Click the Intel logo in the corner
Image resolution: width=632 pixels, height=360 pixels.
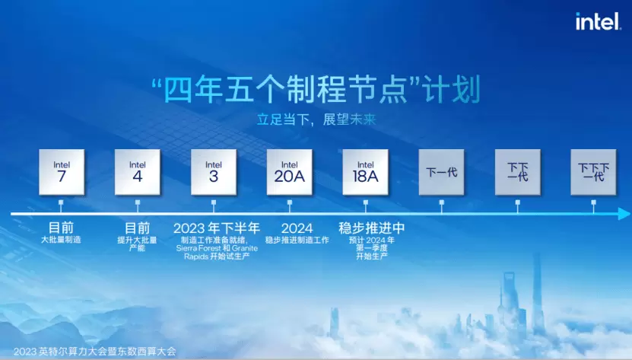coord(598,21)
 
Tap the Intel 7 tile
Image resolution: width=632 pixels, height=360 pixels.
coord(62,172)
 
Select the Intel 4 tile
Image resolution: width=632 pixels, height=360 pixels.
coord(138,172)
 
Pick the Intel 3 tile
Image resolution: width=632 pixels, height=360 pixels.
coord(214,172)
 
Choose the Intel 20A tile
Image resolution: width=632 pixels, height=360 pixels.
coord(290,172)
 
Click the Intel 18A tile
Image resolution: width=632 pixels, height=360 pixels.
coord(366,172)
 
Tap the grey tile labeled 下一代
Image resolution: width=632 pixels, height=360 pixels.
coord(441,172)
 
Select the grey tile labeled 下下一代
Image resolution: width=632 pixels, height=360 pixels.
coord(517,172)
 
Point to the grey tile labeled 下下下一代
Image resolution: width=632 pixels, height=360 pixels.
coord(593,172)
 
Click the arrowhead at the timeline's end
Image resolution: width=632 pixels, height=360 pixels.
coord(624,214)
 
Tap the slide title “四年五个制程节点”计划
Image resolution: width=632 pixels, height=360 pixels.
coord(316,90)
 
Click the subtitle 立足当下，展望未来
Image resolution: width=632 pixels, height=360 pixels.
coord(316,119)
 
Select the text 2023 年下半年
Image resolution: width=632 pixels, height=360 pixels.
coord(217,228)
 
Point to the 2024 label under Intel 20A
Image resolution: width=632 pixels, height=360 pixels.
coord(297,228)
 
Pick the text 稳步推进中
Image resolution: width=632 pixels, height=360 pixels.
coord(372,228)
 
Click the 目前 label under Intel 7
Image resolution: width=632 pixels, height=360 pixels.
coord(62,228)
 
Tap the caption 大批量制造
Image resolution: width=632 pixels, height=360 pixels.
coord(62,240)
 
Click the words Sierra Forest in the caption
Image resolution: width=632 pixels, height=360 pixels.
coord(198,248)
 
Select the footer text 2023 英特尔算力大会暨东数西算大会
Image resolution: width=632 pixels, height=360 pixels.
coord(95,352)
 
